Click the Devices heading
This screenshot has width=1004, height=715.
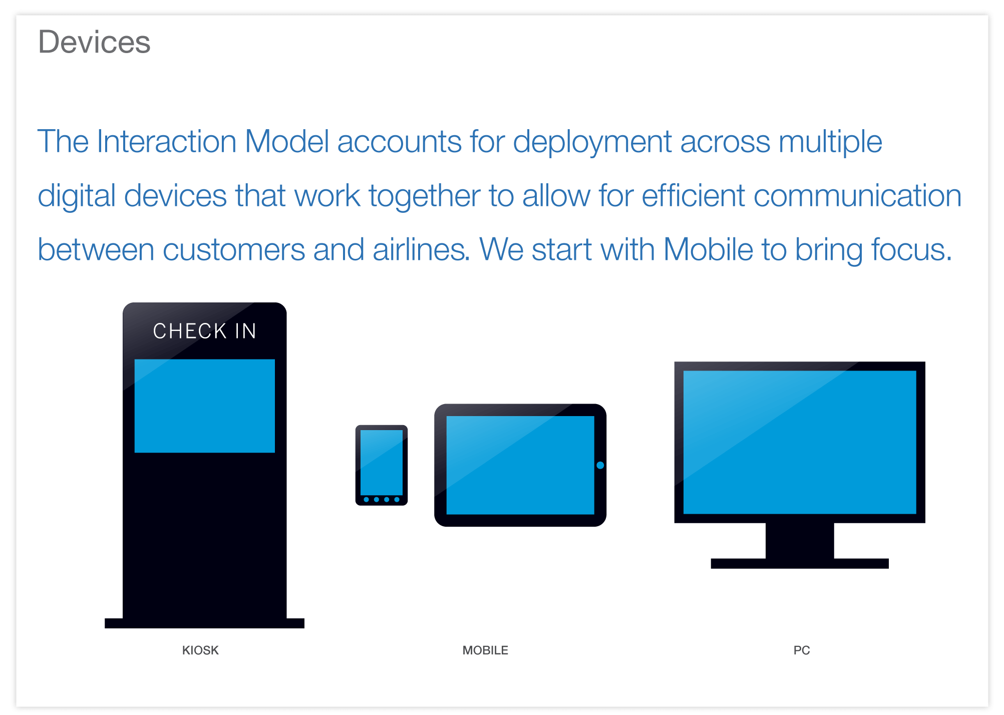(x=94, y=42)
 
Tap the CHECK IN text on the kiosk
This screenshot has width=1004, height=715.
(x=204, y=331)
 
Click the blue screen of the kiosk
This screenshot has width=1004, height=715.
(x=204, y=406)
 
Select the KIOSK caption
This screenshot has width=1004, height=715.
(x=200, y=650)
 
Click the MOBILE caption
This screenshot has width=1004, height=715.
(x=485, y=650)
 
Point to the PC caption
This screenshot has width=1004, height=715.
(x=802, y=650)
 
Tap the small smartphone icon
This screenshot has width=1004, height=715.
(x=382, y=465)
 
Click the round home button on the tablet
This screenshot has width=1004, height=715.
(x=600, y=465)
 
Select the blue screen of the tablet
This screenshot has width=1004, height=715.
(x=520, y=465)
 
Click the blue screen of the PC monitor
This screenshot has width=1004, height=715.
(x=800, y=442)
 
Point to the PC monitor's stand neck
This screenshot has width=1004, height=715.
(x=800, y=541)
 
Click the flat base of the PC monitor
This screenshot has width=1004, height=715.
(x=800, y=563)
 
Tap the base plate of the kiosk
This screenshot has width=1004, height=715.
(x=204, y=623)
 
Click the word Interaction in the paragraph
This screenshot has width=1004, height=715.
(x=166, y=141)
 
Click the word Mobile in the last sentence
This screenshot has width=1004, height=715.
(x=708, y=249)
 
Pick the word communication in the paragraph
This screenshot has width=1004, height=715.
(x=858, y=195)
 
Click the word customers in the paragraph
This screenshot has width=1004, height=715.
(x=234, y=249)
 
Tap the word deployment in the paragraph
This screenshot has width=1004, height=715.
(x=592, y=142)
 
